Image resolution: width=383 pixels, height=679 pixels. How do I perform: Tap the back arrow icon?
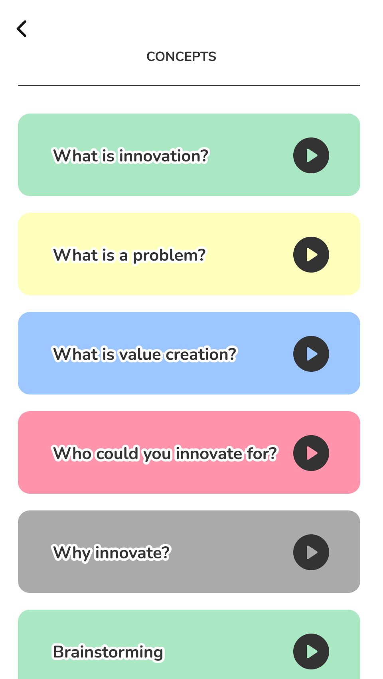click(x=22, y=29)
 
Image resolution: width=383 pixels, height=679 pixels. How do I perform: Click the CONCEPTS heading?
click(x=181, y=57)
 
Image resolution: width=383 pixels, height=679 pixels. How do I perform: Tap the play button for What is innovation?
click(x=311, y=155)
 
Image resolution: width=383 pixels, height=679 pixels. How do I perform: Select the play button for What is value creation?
click(x=311, y=354)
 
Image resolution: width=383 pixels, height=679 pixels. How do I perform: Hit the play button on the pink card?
click(x=311, y=453)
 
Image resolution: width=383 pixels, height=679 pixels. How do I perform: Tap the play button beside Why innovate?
click(x=311, y=552)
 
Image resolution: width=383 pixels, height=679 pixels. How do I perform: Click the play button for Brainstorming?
click(x=311, y=652)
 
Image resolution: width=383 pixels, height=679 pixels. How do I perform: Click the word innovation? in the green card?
click(x=164, y=156)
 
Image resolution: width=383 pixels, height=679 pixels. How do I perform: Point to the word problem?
click(x=169, y=255)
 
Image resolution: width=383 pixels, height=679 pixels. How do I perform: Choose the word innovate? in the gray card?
click(x=132, y=553)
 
